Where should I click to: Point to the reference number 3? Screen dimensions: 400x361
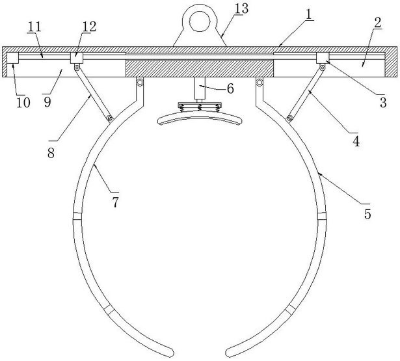point(383,102)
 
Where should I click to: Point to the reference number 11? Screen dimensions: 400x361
point(88,24)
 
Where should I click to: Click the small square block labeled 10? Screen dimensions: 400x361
point(12,59)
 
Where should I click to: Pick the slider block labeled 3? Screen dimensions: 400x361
point(322,59)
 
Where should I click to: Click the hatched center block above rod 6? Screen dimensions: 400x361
point(200,67)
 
